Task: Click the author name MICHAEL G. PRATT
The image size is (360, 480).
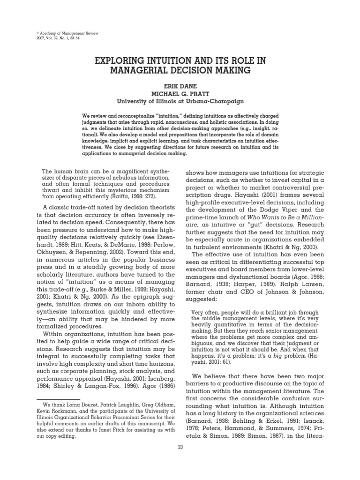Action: coord(180,93)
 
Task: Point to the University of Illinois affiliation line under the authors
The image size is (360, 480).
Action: coord(180,101)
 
